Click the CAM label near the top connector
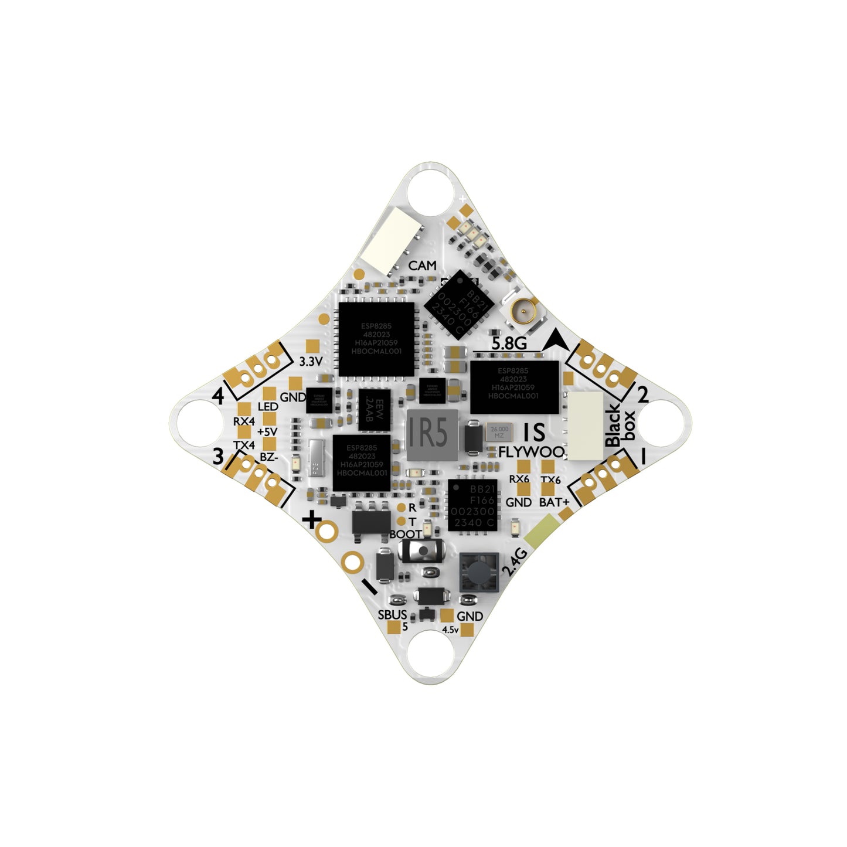(x=422, y=266)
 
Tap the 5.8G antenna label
(x=508, y=343)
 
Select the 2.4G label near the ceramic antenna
(x=515, y=563)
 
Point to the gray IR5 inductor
(x=428, y=434)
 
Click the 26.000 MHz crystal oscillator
(x=499, y=432)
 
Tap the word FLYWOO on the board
(x=531, y=452)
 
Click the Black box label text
(x=620, y=425)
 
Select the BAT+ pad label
(x=554, y=502)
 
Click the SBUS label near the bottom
(x=392, y=614)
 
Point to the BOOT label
(x=405, y=534)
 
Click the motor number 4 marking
(x=218, y=397)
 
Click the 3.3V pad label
(x=310, y=362)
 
